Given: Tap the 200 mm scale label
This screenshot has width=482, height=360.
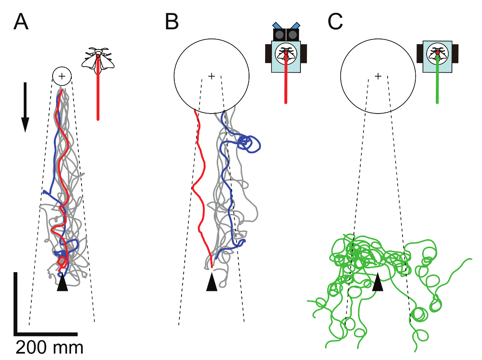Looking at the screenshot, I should [49, 347].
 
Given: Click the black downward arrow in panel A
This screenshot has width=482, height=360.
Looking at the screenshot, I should [25, 107].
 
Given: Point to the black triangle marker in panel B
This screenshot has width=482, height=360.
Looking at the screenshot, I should [212, 283].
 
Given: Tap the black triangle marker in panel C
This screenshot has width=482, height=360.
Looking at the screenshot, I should [377, 283].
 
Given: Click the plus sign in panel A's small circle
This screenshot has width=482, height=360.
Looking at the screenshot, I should [62, 75].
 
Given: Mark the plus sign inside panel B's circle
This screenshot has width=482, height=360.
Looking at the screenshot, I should [212, 75].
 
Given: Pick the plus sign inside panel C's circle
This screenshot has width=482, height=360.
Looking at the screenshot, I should [378, 75].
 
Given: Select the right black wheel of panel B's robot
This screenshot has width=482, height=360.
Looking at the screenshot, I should [304, 54].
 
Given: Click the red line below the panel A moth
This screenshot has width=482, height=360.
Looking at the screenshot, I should [98, 96].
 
